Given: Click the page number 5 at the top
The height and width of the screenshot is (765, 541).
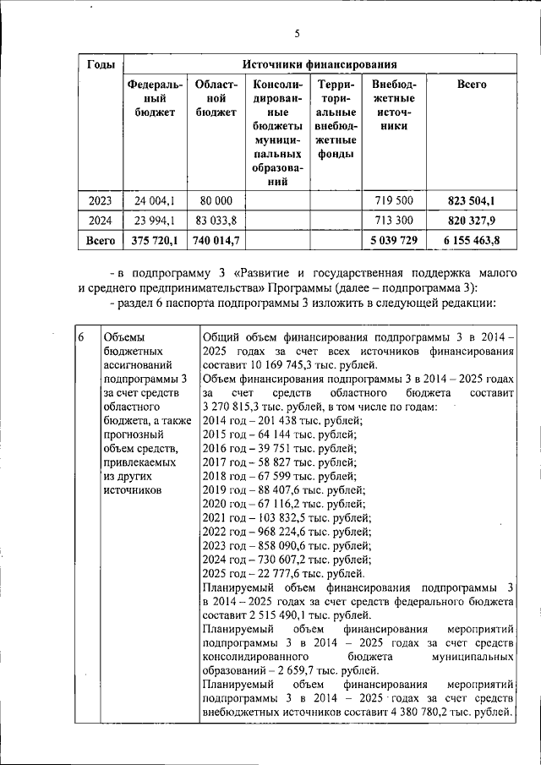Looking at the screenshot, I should pyautogui.click(x=297, y=34).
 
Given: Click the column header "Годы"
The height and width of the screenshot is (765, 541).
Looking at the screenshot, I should pyautogui.click(x=101, y=64).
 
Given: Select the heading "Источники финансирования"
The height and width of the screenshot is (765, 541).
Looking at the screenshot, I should pyautogui.click(x=320, y=64).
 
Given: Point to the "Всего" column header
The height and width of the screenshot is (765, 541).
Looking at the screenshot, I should pyautogui.click(x=471, y=85).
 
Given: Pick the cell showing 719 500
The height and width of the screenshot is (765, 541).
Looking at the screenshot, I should pyautogui.click(x=393, y=200).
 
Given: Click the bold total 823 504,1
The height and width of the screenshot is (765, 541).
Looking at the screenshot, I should pyautogui.click(x=471, y=200).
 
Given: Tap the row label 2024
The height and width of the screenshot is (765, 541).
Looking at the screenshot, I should pyautogui.click(x=101, y=221).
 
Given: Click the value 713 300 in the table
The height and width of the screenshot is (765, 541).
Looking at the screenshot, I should pyautogui.click(x=393, y=221).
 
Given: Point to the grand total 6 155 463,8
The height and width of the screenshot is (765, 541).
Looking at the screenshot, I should pyautogui.click(x=471, y=241).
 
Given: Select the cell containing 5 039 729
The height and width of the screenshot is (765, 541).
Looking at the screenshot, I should pyautogui.click(x=393, y=241).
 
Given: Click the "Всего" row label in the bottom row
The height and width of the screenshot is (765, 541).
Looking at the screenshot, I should pyautogui.click(x=101, y=241).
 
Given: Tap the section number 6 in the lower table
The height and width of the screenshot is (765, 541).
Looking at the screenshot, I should pyautogui.click(x=80, y=337).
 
